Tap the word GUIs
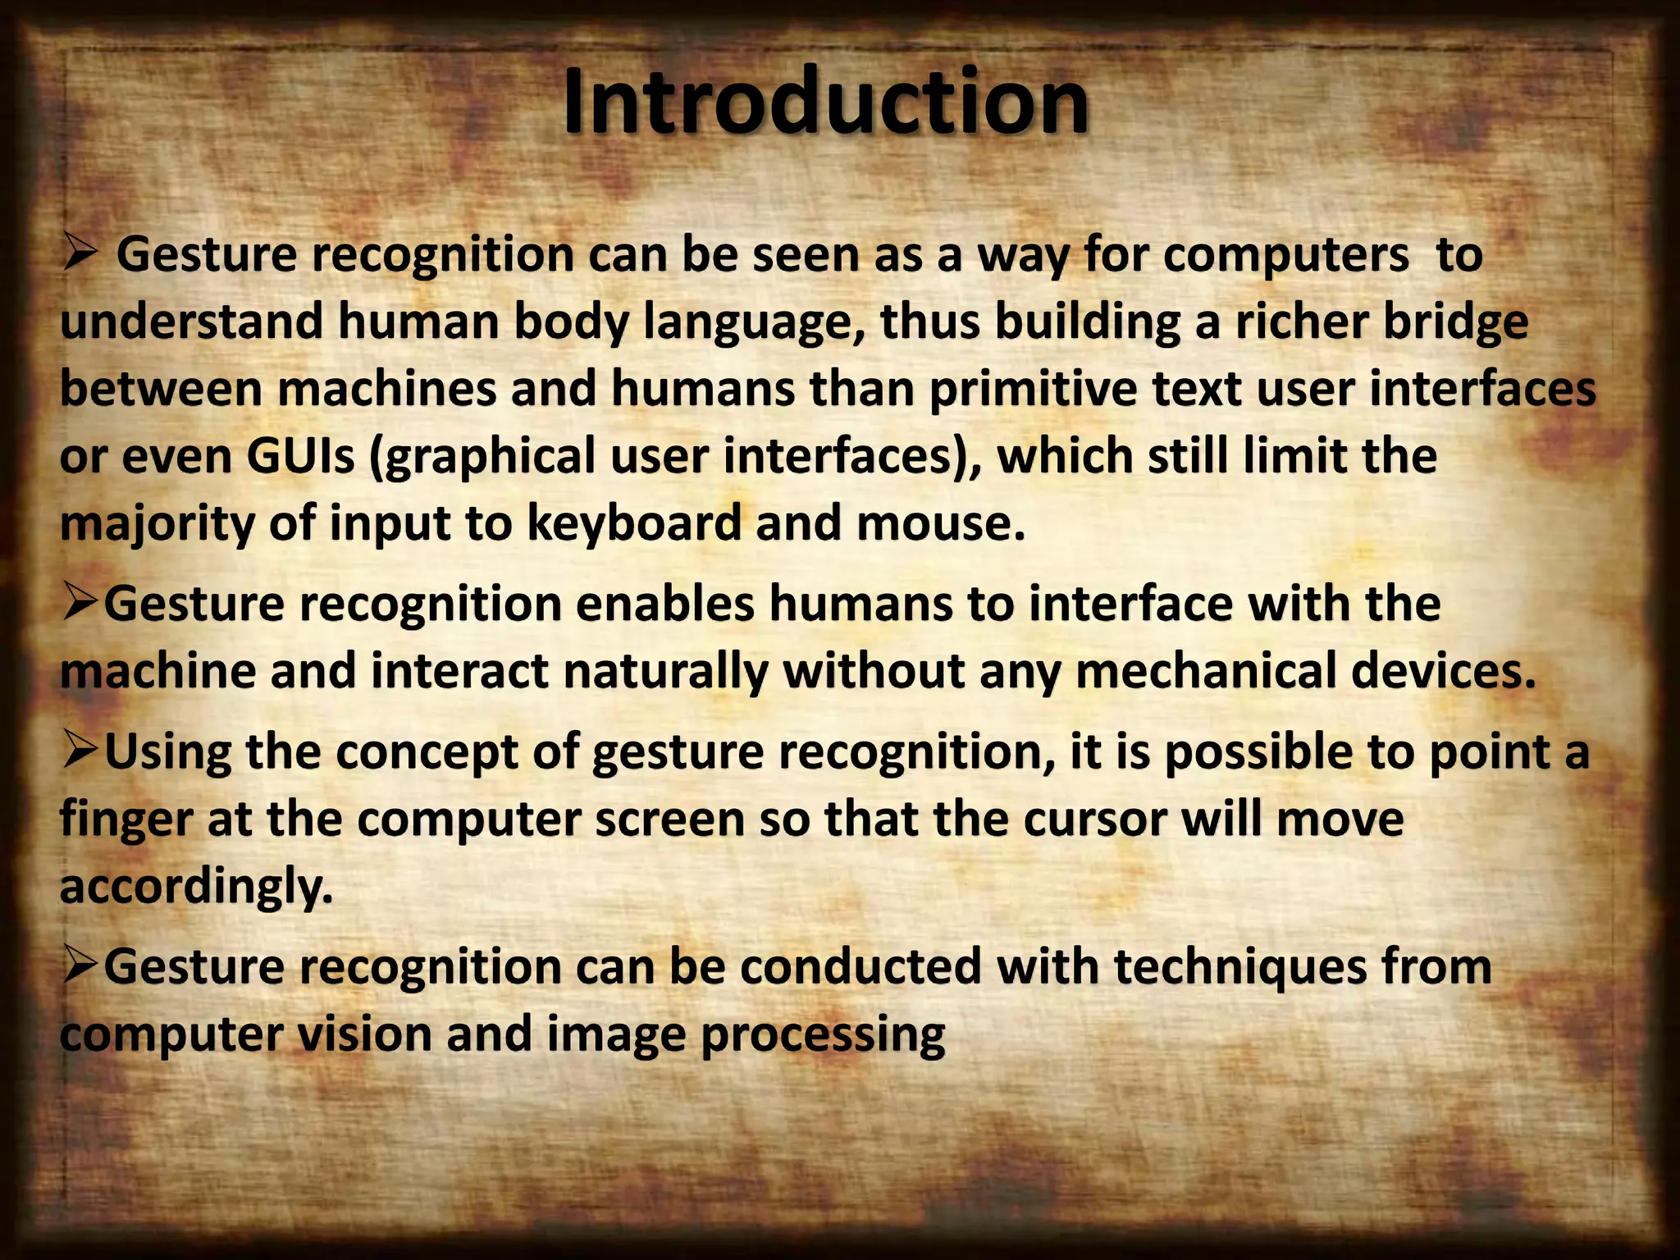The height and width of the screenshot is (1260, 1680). [x=300, y=456]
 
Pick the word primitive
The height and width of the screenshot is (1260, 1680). [x=1033, y=389]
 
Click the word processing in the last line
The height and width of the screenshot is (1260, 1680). [x=823, y=1036]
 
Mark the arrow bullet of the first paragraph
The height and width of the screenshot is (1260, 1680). [x=80, y=254]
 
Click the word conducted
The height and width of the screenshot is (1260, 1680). [x=861, y=967]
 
